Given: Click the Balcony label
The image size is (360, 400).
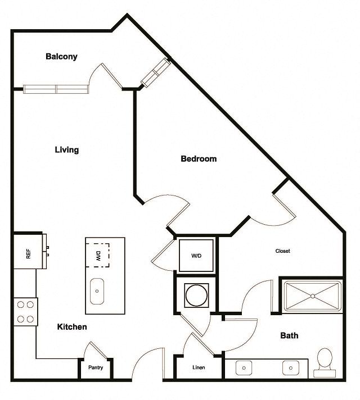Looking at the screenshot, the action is (x=61, y=56).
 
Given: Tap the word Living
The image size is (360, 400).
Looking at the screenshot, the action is (x=67, y=150).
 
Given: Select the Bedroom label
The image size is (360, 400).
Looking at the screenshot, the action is (x=199, y=158).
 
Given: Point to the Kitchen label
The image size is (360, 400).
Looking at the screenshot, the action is (x=72, y=327).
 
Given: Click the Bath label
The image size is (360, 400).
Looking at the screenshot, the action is (x=289, y=335).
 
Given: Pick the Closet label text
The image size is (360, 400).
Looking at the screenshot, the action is (x=282, y=251).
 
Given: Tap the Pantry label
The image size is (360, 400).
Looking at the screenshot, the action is (x=96, y=367).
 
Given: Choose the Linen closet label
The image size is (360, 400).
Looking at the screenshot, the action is (x=199, y=367).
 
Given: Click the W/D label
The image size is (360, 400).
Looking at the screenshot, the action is (x=196, y=256).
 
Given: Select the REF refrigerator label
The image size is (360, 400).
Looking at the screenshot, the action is (x=28, y=254).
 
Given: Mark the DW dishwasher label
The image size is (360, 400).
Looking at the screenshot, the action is (x=98, y=256).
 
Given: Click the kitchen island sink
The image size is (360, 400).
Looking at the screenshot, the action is (x=97, y=291).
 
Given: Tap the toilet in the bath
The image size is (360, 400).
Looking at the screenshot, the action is (x=325, y=362).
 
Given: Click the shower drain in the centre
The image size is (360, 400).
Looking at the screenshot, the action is (x=313, y=296).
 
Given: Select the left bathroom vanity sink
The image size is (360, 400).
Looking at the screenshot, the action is (x=244, y=368).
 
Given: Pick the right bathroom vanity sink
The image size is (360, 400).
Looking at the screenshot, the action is (x=291, y=368).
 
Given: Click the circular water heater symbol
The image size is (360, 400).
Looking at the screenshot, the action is (x=196, y=296).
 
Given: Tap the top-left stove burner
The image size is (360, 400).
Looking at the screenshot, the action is (x=21, y=304).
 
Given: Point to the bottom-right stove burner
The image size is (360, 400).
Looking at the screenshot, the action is (x=30, y=319).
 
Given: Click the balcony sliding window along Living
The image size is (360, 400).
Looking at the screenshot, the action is (x=56, y=89).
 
